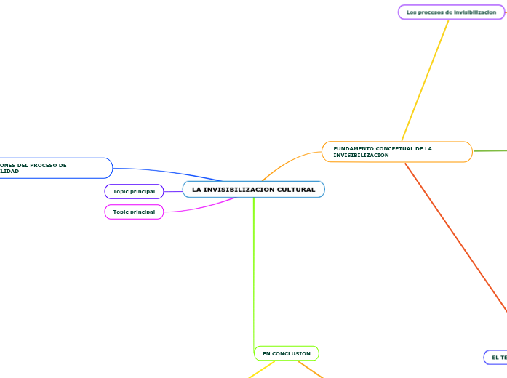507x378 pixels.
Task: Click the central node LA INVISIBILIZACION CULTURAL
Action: coord(253,190)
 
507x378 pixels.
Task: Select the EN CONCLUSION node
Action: coord(286,354)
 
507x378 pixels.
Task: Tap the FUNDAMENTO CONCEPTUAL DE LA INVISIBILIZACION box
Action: coord(396,152)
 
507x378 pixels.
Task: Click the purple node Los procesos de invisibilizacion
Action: coord(451,12)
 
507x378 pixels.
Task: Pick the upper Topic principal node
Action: coord(134,191)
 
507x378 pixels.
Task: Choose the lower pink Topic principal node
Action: coord(134,212)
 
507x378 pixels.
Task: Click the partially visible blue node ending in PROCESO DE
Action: coord(55,168)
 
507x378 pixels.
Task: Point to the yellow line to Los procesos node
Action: coord(426,80)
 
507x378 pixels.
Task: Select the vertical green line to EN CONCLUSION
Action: coord(254,276)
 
